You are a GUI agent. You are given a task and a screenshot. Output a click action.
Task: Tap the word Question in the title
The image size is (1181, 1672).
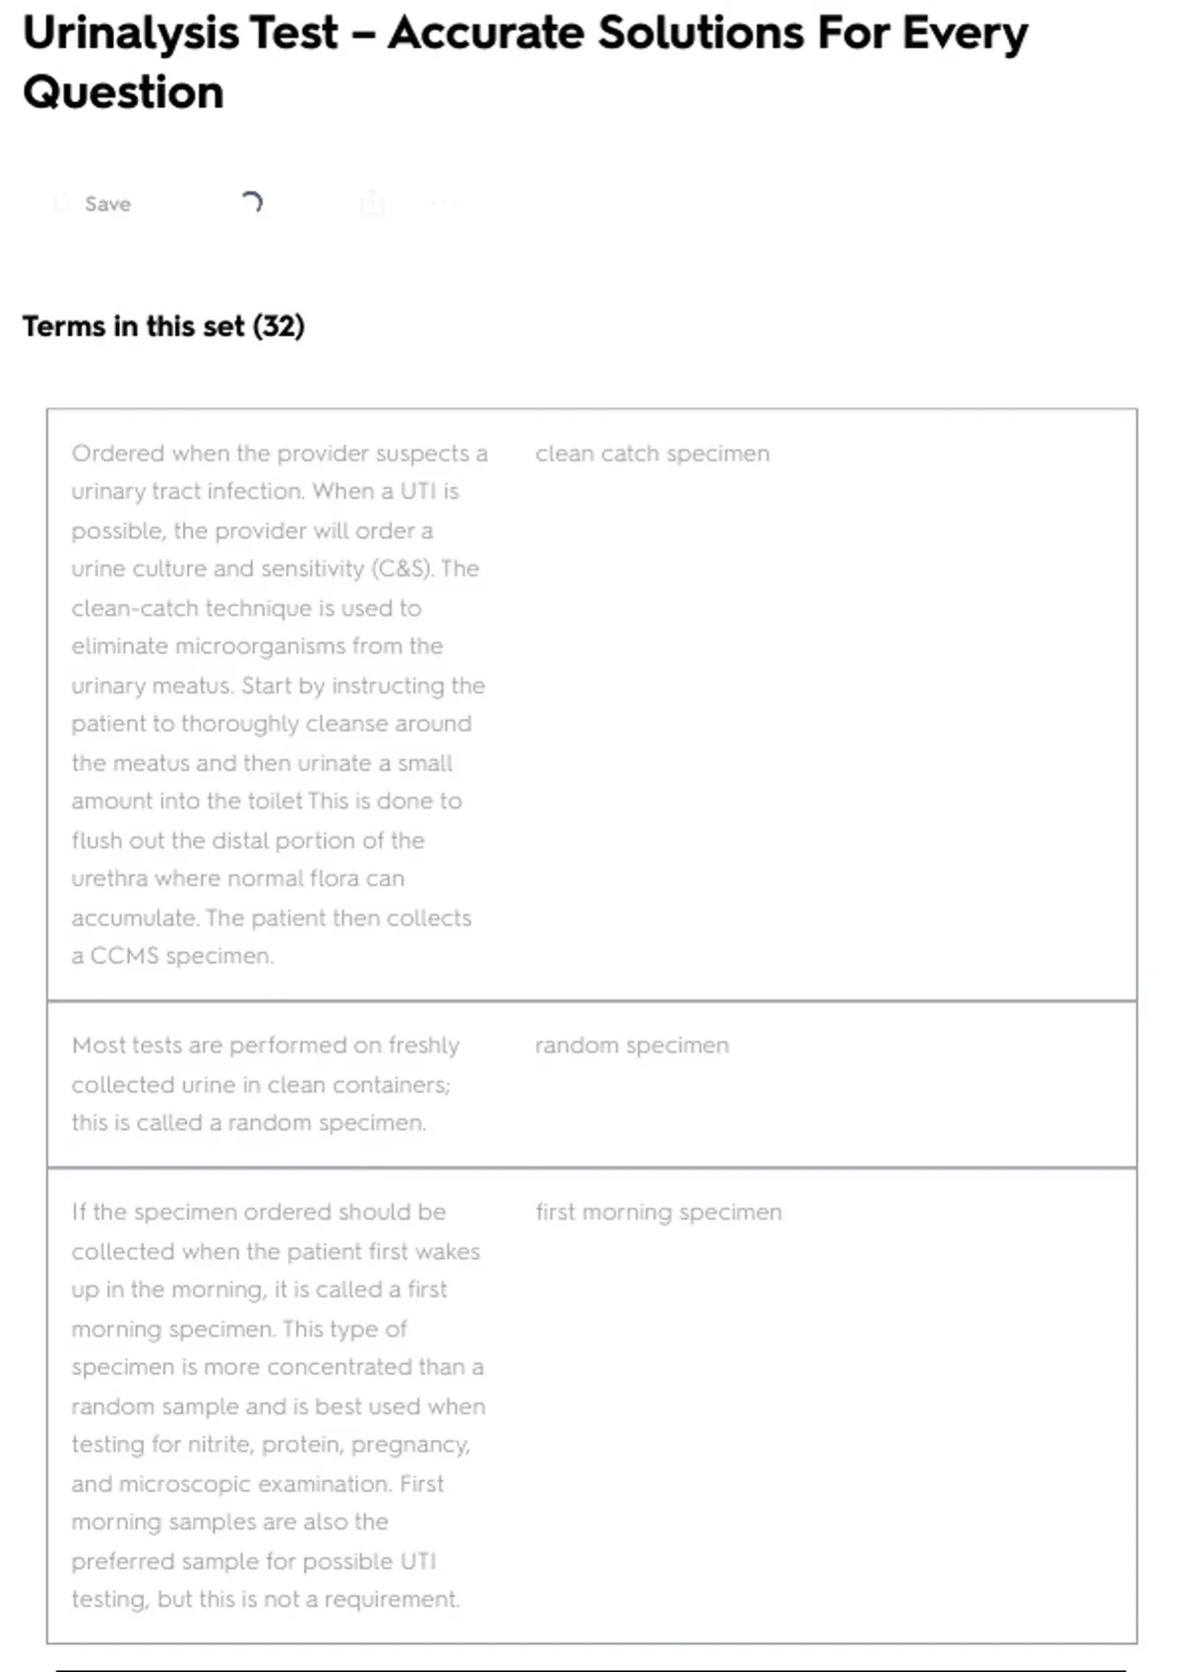(x=123, y=92)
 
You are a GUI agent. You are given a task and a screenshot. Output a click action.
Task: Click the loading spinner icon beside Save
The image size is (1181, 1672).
(x=252, y=203)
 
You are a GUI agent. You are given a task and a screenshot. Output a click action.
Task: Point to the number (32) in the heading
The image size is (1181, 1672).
(x=279, y=327)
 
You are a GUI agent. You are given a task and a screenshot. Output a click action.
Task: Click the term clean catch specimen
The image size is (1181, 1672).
(x=652, y=453)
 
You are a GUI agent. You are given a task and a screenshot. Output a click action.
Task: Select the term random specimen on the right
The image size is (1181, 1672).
(x=632, y=1045)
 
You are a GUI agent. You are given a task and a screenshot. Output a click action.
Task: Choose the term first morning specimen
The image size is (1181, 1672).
(x=658, y=1213)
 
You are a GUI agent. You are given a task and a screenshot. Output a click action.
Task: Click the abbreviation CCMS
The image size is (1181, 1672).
(x=124, y=956)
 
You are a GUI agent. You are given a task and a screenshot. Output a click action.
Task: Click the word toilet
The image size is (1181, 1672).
(x=273, y=802)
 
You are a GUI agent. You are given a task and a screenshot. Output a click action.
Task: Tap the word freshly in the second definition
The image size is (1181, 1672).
(x=424, y=1045)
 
